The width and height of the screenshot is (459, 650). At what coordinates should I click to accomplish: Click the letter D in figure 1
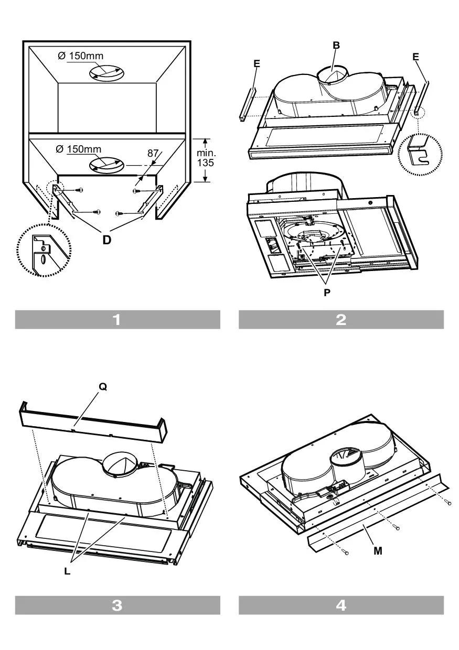click(107, 241)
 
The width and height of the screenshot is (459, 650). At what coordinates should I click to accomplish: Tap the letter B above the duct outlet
click(336, 46)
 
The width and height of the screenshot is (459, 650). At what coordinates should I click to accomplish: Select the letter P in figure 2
click(327, 293)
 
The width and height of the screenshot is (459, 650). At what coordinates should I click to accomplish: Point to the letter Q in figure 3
click(103, 386)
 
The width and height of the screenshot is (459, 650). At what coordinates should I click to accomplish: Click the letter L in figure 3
click(67, 571)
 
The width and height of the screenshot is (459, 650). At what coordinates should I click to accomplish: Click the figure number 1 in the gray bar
click(117, 320)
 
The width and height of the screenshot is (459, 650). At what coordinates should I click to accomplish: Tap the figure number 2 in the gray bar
click(341, 320)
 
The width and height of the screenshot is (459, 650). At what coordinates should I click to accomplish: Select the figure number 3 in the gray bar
click(117, 605)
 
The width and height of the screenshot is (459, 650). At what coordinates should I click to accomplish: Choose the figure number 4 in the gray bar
click(341, 605)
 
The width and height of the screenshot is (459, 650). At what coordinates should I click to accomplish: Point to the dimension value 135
click(206, 163)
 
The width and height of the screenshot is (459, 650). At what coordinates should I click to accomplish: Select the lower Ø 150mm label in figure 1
click(79, 149)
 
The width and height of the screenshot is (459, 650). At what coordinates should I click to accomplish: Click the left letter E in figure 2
click(257, 63)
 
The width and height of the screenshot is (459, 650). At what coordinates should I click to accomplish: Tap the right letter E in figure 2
click(416, 57)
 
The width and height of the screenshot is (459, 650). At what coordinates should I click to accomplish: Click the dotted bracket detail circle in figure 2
click(420, 152)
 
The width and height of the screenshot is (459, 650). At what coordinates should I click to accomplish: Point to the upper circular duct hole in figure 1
click(106, 73)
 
